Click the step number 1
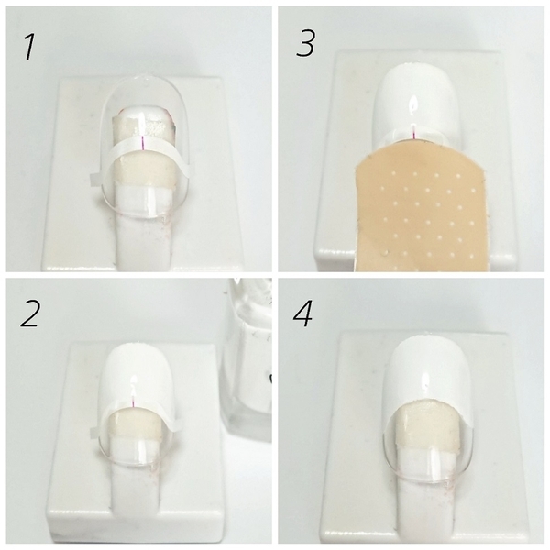coord(29,48)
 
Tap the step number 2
coord(29,313)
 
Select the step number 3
coord(305,43)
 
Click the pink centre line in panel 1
coord(143,143)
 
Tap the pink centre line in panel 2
coord(133,402)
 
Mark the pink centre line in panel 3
coord(414,133)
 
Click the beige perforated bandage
coord(421,214)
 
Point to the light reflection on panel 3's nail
coord(412,105)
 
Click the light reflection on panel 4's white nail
coord(426,384)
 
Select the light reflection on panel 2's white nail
coord(133,379)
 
